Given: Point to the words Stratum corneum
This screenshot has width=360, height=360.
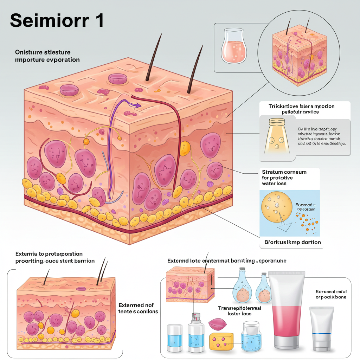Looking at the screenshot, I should point(284,172).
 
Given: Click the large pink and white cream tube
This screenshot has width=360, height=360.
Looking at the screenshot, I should point(287,309).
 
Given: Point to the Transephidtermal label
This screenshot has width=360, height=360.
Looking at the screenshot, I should point(239,308).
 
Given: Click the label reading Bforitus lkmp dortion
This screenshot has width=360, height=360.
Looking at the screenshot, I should point(292,242).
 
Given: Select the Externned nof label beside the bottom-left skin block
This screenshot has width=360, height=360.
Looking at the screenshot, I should point(136,305).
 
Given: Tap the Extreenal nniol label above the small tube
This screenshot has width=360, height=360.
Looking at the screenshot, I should point(330,291).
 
